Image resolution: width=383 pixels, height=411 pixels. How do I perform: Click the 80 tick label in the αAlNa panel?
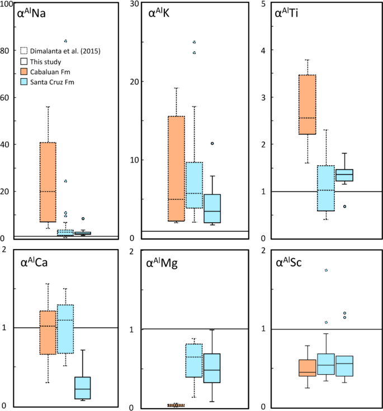click(x=6, y=50)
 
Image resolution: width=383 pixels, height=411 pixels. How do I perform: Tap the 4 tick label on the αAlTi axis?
click(x=263, y=50)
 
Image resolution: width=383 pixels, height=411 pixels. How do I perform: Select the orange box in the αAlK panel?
click(x=176, y=169)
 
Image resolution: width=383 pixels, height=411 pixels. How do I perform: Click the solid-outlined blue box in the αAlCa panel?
click(x=83, y=388)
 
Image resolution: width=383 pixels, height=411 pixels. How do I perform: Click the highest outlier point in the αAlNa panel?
click(x=65, y=41)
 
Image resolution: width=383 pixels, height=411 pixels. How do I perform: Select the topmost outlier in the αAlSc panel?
click(x=326, y=270)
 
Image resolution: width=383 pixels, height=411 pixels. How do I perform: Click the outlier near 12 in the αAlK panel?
click(x=212, y=144)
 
